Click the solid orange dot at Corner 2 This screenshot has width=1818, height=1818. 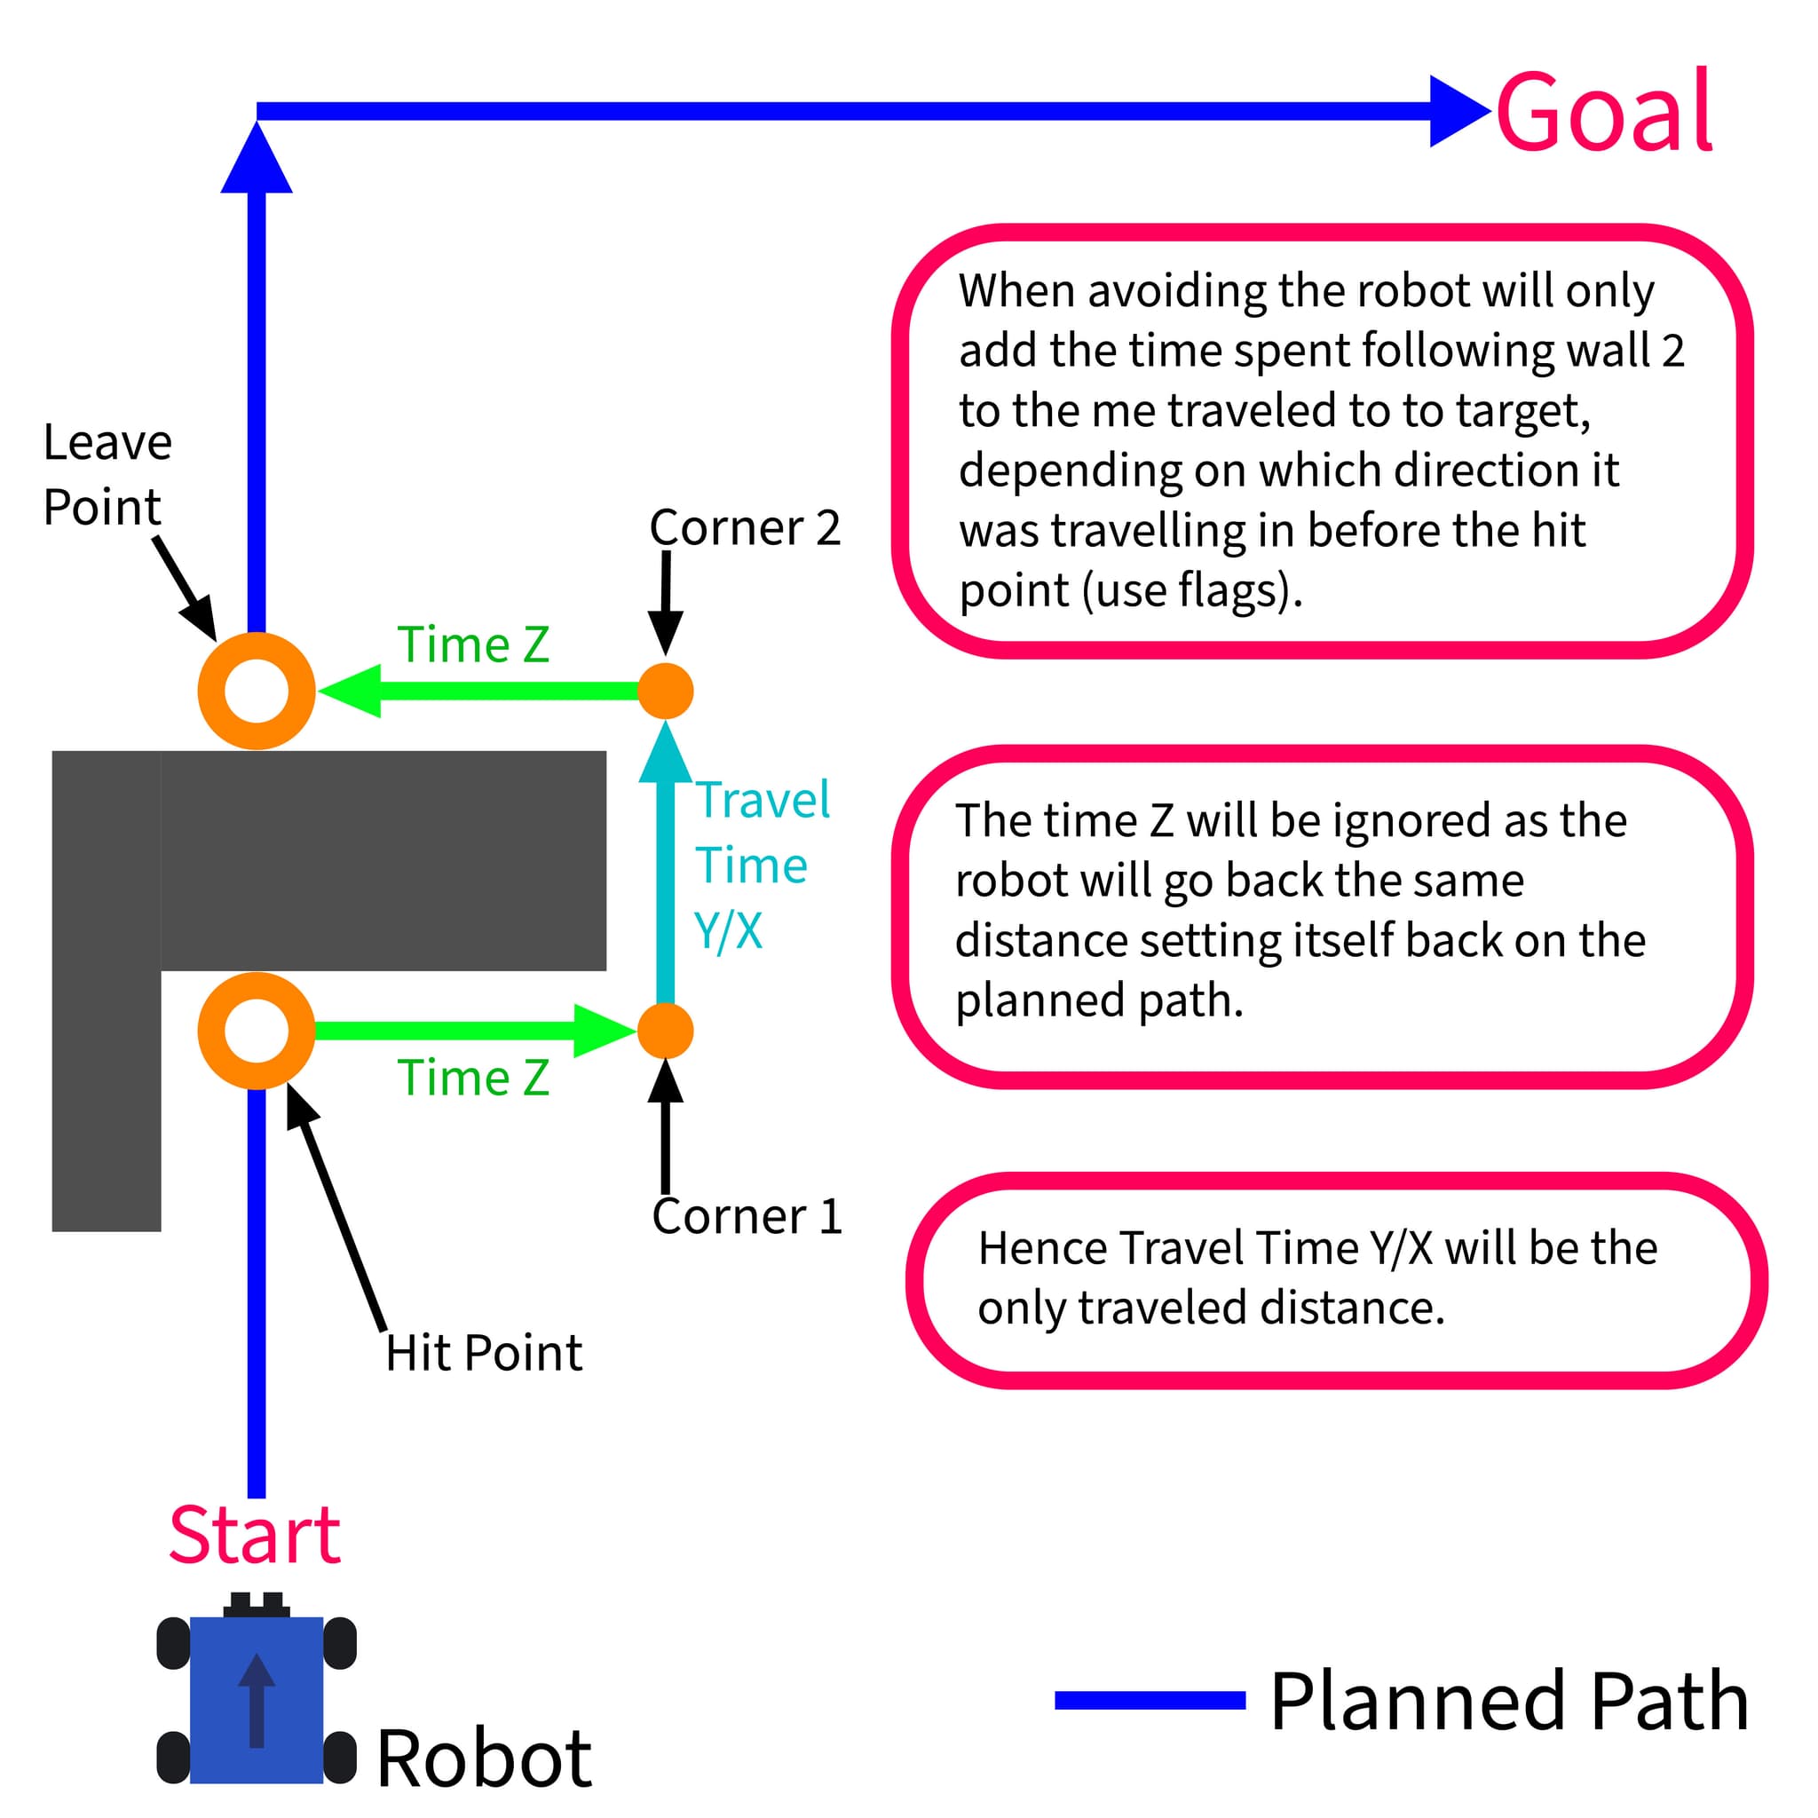coord(665,691)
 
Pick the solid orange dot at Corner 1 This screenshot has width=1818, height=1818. coord(665,1031)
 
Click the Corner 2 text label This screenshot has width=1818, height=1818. coord(744,528)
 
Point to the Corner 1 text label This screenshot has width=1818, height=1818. coord(747,1217)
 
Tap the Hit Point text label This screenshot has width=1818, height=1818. coord(484,1353)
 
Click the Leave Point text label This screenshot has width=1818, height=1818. coord(107,474)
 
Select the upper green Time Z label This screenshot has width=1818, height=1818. coord(473,645)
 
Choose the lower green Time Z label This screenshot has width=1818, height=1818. coord(473,1079)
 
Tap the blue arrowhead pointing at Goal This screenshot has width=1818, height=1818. coord(1457,111)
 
